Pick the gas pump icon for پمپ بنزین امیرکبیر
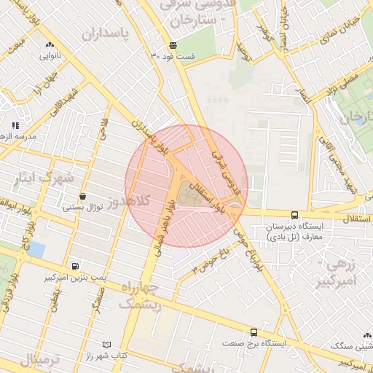pos(75,267)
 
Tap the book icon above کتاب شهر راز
pos(108,343)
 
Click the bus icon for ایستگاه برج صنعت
pos(254,331)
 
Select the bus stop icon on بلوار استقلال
pos(294,215)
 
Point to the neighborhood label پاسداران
pos(110,33)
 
